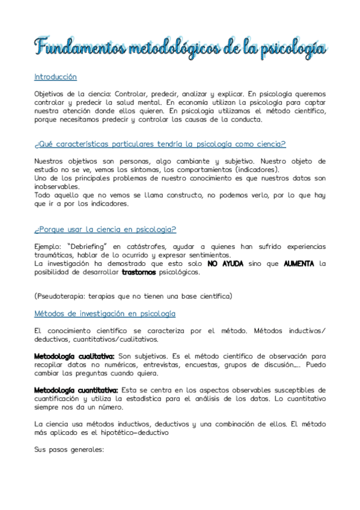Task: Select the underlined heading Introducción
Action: click(56, 77)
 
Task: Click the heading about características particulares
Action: click(160, 144)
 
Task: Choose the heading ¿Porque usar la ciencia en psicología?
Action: click(105, 230)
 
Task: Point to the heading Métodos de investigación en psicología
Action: click(105, 314)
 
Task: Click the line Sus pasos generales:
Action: click(70, 449)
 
